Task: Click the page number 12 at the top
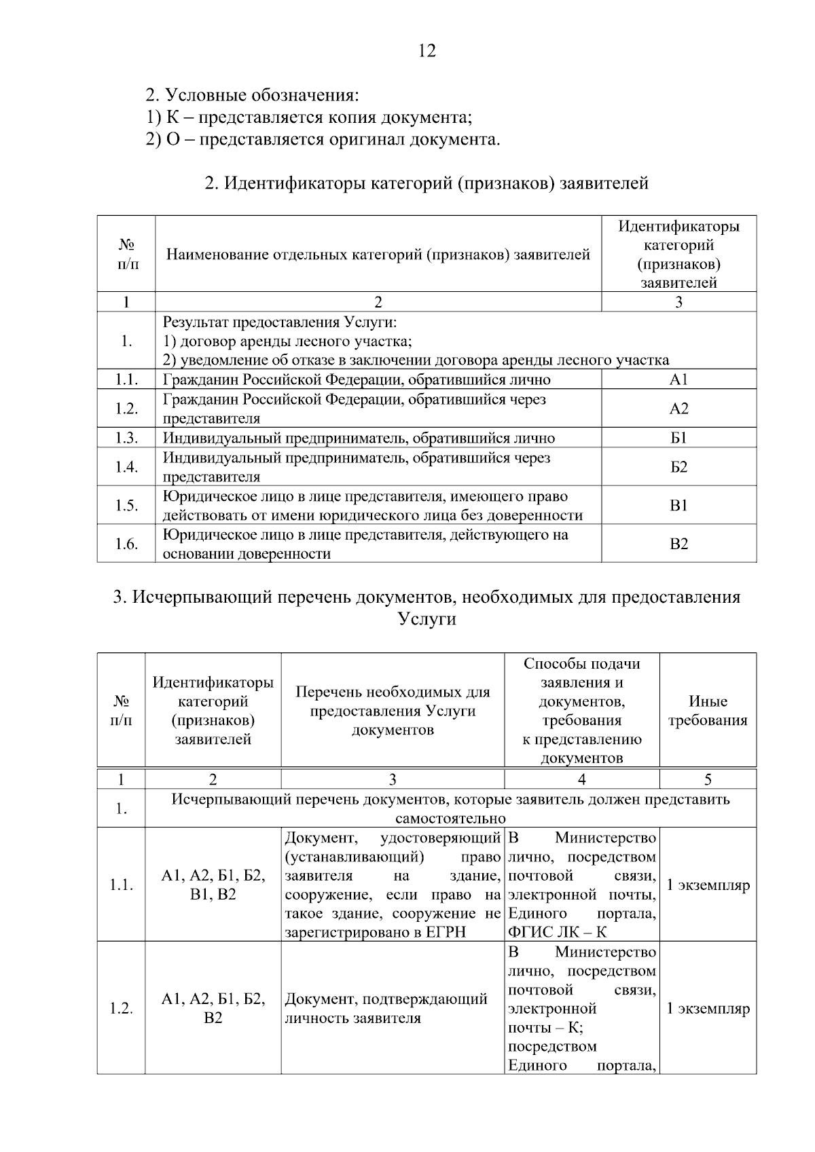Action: pos(427,51)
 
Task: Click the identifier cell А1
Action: pos(678,379)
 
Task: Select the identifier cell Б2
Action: pos(678,467)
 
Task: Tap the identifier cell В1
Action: pos(678,505)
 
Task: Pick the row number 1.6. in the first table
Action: pos(126,544)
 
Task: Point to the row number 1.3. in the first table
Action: pos(126,438)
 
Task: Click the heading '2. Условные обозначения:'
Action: pos(252,94)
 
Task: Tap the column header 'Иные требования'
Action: pos(708,711)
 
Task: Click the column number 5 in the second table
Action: pos(708,779)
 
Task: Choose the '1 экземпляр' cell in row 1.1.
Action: pos(708,885)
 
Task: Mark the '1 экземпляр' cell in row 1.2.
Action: pos(708,1008)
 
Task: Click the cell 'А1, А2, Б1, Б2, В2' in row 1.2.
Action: pos(213,1008)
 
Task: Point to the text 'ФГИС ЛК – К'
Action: pos(558,932)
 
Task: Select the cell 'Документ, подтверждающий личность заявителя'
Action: pos(386,1008)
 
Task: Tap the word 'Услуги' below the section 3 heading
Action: pos(427,619)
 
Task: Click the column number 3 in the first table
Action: pos(678,302)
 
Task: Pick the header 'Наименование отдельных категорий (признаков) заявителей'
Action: pos(378,255)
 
